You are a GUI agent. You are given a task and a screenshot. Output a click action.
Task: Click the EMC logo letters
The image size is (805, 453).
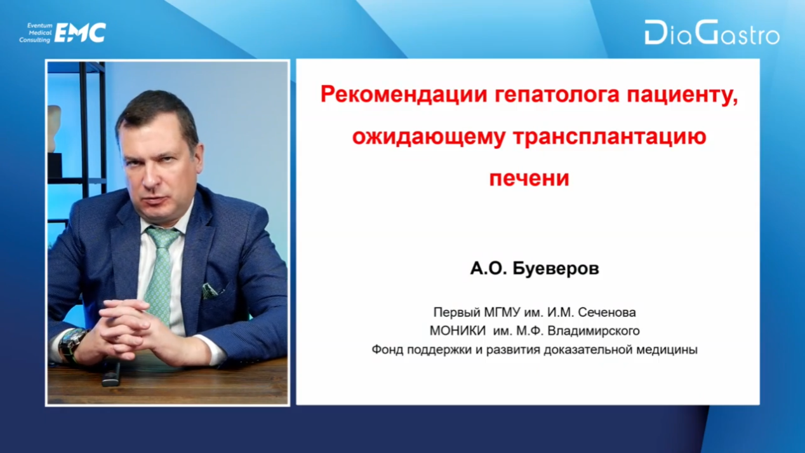pos(80,33)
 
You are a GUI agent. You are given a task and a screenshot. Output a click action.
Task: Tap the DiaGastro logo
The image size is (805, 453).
pos(712,32)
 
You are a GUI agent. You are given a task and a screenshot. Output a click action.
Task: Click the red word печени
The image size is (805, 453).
pos(529,178)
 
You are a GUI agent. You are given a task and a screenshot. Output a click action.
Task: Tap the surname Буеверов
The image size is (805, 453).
pos(556,268)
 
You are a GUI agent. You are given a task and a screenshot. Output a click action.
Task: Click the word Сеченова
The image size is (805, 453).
pos(607,312)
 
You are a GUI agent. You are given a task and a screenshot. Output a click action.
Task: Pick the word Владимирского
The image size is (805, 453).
pos(594,331)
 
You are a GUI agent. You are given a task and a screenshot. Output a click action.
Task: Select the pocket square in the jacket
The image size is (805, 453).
pos(212,290)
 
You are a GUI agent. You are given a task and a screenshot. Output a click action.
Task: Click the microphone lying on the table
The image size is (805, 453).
pos(111,375)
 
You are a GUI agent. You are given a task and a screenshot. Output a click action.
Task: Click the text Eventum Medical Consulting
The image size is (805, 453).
pos(35,33)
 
